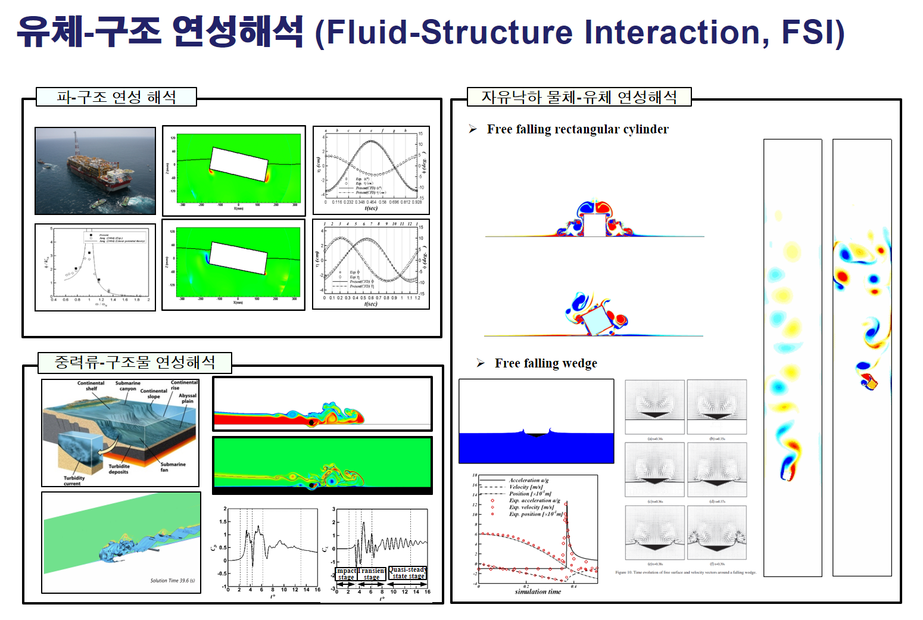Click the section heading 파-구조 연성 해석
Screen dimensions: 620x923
pos(117,97)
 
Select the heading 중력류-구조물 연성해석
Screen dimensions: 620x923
pos(135,362)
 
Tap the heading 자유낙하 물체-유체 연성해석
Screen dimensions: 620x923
pos(579,97)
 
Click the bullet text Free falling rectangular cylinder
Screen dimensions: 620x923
pos(577,129)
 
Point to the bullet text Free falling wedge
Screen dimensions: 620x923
pos(545,363)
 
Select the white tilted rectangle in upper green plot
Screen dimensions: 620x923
pos(239,164)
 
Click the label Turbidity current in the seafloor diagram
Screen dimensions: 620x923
pos(74,481)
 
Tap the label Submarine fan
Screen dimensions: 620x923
pos(172,467)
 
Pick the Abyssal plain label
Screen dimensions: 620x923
pos(187,398)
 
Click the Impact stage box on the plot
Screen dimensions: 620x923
pos(346,574)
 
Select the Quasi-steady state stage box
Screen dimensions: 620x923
pos(408,573)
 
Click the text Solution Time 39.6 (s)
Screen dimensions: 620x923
pos(172,581)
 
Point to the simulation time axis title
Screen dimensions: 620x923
pos(538,591)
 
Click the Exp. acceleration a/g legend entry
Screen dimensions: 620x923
pos(534,500)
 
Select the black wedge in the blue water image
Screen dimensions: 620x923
pos(536,435)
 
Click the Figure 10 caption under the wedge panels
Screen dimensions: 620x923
pos(685,572)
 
